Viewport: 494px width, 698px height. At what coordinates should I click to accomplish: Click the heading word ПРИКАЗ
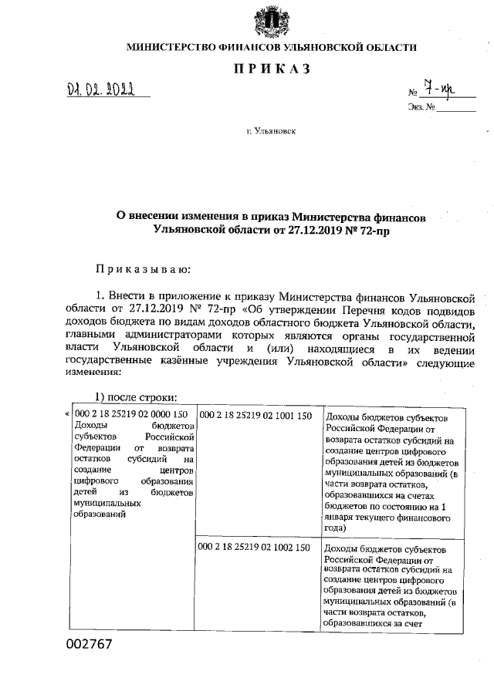click(271, 69)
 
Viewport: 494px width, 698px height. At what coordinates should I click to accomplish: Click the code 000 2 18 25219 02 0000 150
click(130, 414)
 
